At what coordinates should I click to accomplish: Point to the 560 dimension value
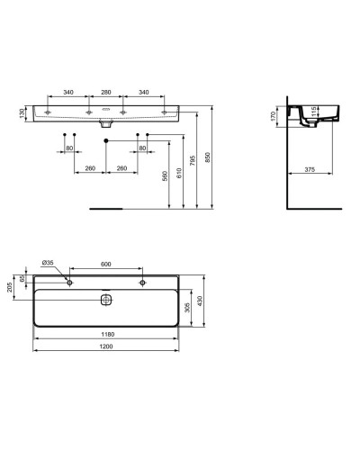click(x=164, y=176)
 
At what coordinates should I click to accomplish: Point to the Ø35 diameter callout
click(x=49, y=263)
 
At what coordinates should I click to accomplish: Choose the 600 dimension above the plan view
click(x=105, y=263)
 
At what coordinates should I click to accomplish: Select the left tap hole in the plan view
click(x=69, y=282)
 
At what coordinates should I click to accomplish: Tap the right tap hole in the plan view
click(x=141, y=282)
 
